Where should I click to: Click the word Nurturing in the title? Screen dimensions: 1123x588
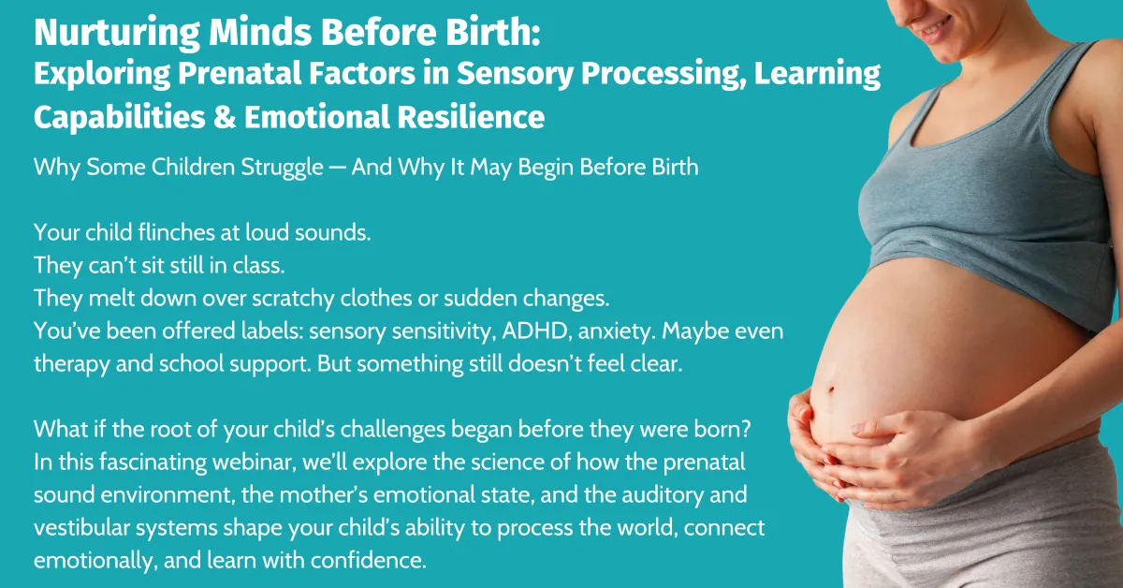[117, 33]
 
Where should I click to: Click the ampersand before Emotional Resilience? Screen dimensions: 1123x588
[225, 116]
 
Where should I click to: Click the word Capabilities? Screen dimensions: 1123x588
[120, 117]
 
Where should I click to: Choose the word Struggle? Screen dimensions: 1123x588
[282, 168]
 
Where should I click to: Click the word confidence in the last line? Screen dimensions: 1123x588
[369, 561]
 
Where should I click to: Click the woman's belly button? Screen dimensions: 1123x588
[831, 390]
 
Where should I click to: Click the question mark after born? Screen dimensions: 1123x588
[746, 429]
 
